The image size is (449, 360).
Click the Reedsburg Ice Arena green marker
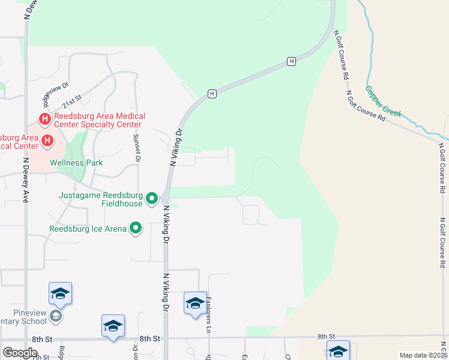(x=136, y=228)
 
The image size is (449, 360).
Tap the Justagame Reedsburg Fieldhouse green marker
(x=152, y=197)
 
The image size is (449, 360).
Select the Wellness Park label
(x=76, y=163)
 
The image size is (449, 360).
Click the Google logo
(x=20, y=352)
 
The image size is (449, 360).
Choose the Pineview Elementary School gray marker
(x=56, y=316)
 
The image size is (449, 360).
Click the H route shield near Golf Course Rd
(x=291, y=61)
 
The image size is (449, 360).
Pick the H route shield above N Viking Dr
(x=212, y=94)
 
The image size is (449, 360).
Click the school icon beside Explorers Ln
(x=195, y=303)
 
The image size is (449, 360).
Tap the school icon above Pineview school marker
(x=60, y=293)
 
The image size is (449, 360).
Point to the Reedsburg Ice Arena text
(x=88, y=229)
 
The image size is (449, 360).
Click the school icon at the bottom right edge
(x=338, y=351)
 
